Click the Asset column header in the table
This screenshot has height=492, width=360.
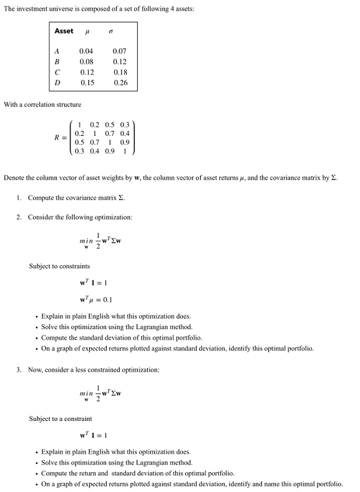click(64, 31)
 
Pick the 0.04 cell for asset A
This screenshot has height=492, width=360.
click(87, 51)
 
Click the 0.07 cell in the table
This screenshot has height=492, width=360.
click(120, 51)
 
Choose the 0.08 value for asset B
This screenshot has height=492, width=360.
click(87, 62)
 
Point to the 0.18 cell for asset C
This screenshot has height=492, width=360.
click(120, 72)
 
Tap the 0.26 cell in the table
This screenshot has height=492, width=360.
click(120, 83)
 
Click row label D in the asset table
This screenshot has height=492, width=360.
click(57, 83)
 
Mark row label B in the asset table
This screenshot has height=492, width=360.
click(57, 62)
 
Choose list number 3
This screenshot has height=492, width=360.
click(19, 370)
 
